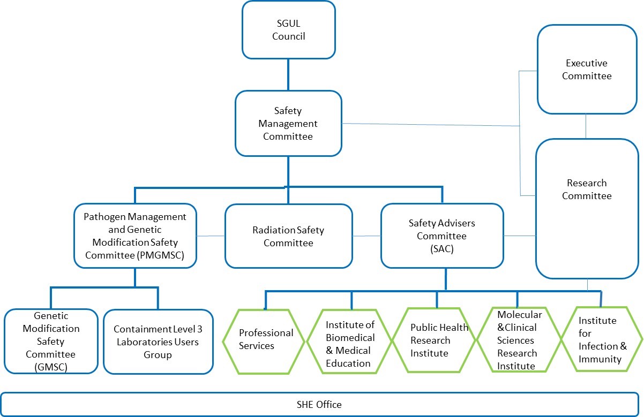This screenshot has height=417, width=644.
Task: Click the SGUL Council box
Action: pyautogui.click(x=289, y=30)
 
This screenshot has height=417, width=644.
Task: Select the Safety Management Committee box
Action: pyautogui.click(x=288, y=124)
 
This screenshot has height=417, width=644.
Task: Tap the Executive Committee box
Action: pyautogui.click(x=587, y=69)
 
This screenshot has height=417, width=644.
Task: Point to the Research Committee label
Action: pyautogui.click(x=587, y=189)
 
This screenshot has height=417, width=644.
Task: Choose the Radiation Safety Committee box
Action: pyautogui.click(x=289, y=236)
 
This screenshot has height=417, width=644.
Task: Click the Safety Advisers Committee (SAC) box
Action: pyautogui.click(x=442, y=236)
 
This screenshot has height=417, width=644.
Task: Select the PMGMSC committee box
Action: pyautogui.click(x=135, y=236)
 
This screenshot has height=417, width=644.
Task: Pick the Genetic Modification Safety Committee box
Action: pyautogui.click(x=51, y=341)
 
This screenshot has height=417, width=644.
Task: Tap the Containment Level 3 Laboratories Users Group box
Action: pyautogui.click(x=158, y=342)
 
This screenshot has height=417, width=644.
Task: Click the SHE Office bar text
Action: pyautogui.click(x=319, y=405)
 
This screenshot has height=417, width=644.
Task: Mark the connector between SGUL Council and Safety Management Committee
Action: pyautogui.click(x=288, y=74)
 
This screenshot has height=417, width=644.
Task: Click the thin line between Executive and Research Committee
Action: pyautogui.click(x=586, y=126)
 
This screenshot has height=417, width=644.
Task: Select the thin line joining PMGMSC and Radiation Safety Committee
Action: pyautogui.click(x=211, y=236)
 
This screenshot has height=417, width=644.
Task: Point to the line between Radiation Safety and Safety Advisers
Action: pyautogui.click(x=366, y=236)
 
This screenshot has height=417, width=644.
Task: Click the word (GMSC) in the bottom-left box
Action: pyautogui.click(x=51, y=367)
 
